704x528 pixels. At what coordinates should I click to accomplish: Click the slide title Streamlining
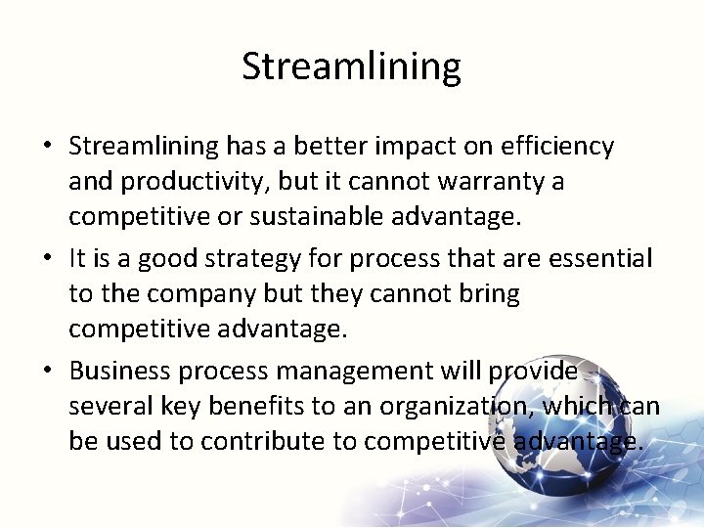[351, 66]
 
